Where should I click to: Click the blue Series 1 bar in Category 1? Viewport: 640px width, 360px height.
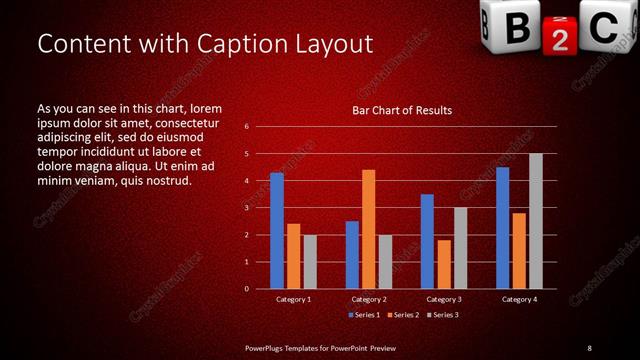(x=277, y=231)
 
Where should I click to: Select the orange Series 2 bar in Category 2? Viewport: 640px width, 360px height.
(x=368, y=229)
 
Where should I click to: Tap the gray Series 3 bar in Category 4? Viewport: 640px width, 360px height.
(x=536, y=221)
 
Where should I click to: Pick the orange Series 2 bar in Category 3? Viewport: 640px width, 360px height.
(x=444, y=264)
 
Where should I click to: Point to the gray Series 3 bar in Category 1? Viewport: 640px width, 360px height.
(x=310, y=262)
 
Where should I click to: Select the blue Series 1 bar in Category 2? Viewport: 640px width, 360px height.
(x=352, y=255)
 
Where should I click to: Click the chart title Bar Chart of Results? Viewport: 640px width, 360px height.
(x=402, y=110)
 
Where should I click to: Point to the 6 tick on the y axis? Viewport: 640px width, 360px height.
(x=247, y=127)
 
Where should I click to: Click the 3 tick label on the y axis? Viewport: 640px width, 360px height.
(x=247, y=208)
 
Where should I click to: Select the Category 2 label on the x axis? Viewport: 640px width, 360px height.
(x=368, y=299)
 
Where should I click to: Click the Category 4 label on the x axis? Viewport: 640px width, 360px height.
(x=519, y=299)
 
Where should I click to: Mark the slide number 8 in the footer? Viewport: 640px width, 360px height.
(x=589, y=347)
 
